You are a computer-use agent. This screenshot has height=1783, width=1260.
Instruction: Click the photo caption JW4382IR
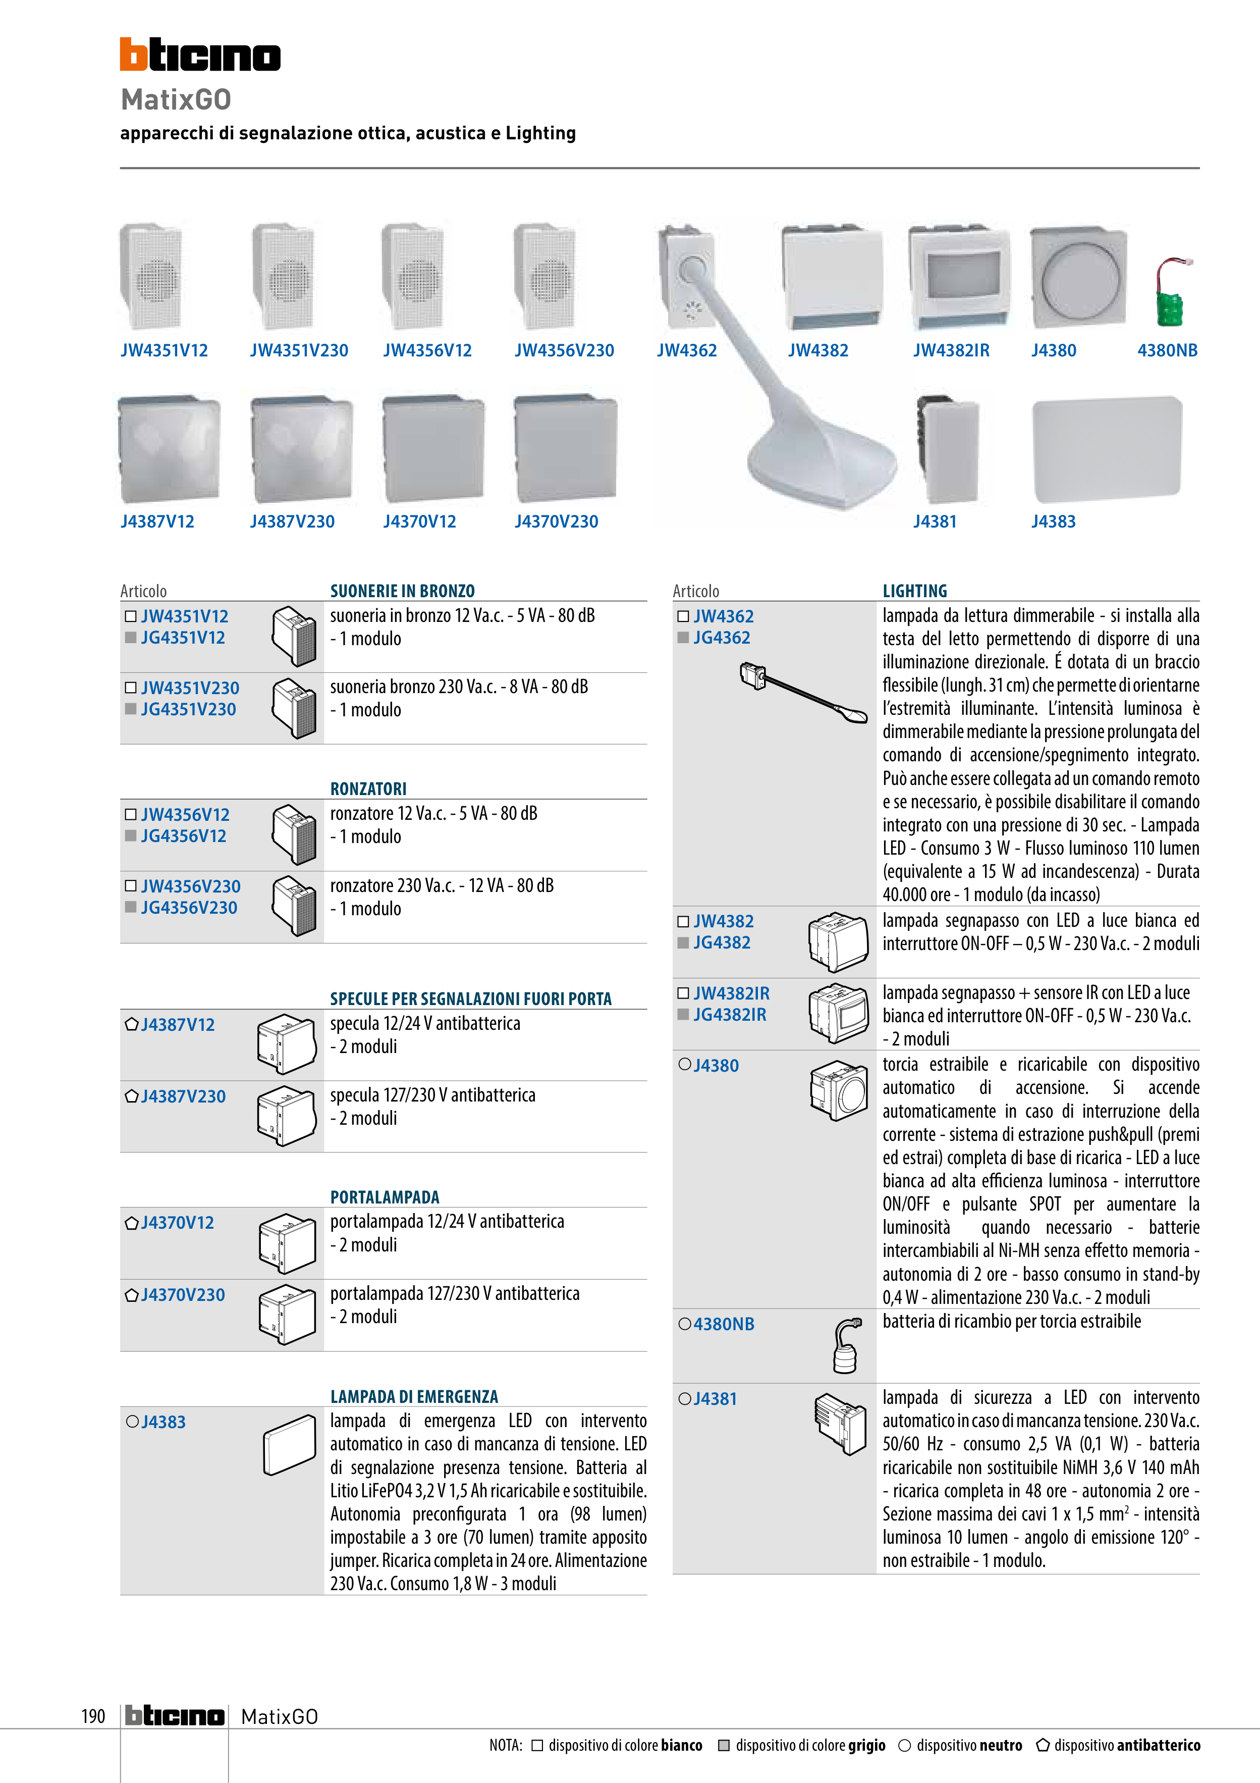coord(951,350)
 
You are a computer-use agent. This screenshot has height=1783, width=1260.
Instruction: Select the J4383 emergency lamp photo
coord(1106,449)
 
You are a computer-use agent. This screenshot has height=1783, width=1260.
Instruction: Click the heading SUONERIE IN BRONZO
coord(402,591)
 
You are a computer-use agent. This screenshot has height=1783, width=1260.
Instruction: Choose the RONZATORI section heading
coord(368,789)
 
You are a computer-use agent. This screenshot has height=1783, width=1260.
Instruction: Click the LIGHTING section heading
coord(914,591)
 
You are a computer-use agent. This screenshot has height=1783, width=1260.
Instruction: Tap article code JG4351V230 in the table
coord(188,709)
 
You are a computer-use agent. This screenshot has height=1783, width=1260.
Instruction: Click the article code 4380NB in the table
coord(724,1324)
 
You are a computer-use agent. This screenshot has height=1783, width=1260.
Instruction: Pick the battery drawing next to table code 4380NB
coord(846,1346)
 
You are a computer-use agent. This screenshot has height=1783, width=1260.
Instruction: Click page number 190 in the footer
coord(93,1716)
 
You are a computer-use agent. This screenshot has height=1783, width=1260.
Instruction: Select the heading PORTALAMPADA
coord(385,1197)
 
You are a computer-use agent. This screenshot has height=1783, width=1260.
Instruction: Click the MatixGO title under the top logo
coord(176,99)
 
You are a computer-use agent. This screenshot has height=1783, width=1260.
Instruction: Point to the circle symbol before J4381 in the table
coord(684,1399)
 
